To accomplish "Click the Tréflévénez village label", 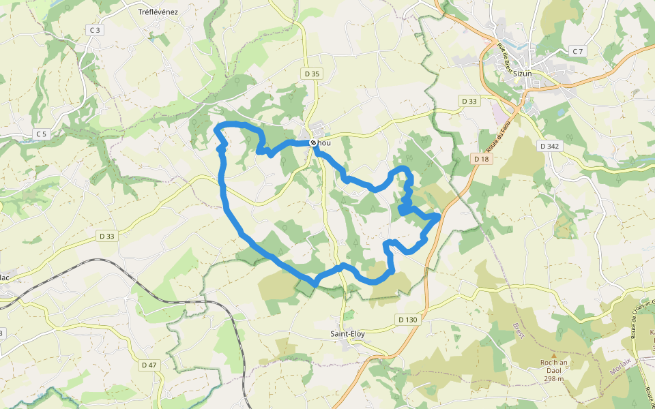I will (x=158, y=12).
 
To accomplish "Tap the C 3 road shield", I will (x=94, y=30).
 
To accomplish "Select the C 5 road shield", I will (x=42, y=134).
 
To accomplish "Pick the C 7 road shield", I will (x=578, y=52).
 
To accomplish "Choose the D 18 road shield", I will (x=482, y=159).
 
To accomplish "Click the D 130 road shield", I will (x=407, y=319).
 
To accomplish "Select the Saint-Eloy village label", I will (x=347, y=334).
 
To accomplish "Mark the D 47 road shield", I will (x=149, y=365).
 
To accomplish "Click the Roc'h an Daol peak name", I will (x=554, y=363).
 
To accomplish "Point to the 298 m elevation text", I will (x=554, y=378).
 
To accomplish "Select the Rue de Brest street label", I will (x=505, y=58).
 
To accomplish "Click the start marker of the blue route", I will (x=313, y=142).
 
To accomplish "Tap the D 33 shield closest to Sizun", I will (x=469, y=101).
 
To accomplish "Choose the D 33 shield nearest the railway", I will (x=107, y=236).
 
